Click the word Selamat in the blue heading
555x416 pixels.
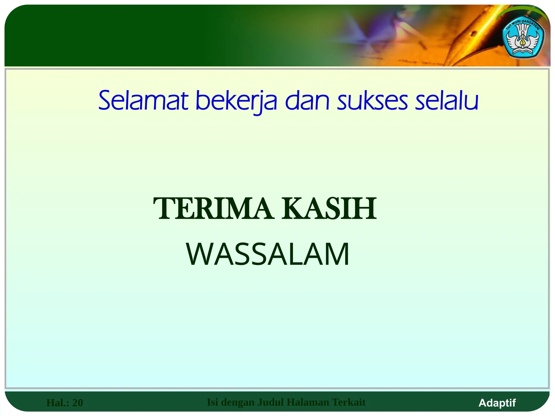[x=143, y=101]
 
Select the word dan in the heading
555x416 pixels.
[x=307, y=101]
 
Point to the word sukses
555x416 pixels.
[x=372, y=101]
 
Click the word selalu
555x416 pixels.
[x=447, y=101]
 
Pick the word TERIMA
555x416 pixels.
[x=213, y=209]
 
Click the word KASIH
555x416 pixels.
[x=329, y=209]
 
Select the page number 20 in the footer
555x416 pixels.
[x=78, y=403]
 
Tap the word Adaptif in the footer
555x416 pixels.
[x=497, y=403]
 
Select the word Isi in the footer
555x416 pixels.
[x=212, y=402]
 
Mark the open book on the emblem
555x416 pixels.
[x=523, y=52]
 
